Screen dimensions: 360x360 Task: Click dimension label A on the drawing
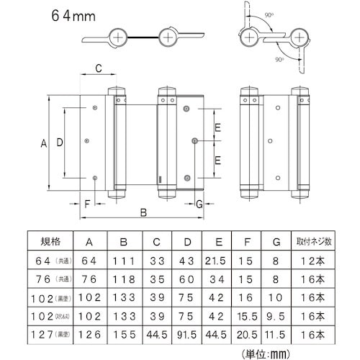tap(43, 144)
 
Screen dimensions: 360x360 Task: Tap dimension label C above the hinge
tap(98, 69)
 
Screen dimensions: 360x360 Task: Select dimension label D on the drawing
tap(60, 144)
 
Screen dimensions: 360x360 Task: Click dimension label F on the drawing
tap(87, 204)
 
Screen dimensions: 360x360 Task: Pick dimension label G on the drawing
tap(199, 204)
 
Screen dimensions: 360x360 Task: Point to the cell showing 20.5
tap(247, 333)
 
